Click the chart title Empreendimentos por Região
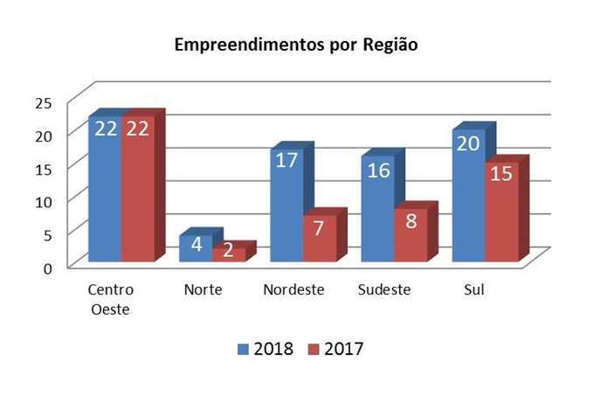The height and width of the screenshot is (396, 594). click(295, 45)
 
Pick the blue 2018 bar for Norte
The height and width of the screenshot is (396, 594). click(196, 247)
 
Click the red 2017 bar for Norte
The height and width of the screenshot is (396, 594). click(228, 254)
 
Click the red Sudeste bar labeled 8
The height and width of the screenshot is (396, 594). click(410, 234)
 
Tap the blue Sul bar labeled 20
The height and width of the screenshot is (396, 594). click(468, 196)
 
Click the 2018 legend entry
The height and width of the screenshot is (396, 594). click(266, 349)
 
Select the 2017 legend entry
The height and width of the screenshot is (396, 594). click(336, 349)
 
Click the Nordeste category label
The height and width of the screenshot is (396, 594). click(294, 289)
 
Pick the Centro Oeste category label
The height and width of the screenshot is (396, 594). click(111, 298)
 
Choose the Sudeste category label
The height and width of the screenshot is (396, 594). click(384, 289)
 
